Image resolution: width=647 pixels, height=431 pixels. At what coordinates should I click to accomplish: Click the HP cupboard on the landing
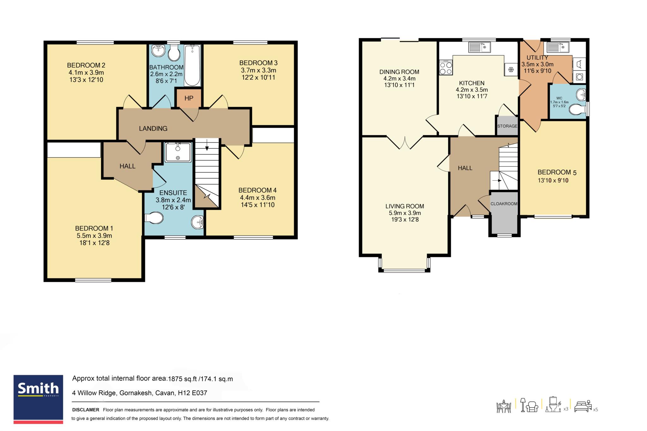pos(189,98)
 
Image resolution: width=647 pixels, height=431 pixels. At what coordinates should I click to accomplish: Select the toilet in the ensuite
pos(154,218)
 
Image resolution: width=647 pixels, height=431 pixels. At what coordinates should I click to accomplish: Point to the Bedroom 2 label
pos(86,65)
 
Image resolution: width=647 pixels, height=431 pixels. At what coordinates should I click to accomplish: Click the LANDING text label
pos(153,129)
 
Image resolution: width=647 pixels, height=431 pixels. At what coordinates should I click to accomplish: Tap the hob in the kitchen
pos(446,68)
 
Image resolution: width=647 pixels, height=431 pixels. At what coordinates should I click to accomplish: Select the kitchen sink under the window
pos(479,47)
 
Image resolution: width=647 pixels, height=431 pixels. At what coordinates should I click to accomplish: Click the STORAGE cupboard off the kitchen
pos(507,126)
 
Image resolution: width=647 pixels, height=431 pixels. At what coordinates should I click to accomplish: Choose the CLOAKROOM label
pos(504,204)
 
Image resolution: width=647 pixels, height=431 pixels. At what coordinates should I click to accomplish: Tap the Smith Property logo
pos(38,399)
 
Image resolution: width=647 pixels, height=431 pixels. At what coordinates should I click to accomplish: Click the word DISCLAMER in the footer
pos(86,410)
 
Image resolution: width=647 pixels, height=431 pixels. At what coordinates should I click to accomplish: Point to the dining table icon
pos(504,406)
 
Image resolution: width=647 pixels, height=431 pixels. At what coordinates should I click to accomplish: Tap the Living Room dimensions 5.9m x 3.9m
pos(405,213)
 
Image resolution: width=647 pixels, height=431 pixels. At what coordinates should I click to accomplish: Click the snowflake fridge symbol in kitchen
pos(511,69)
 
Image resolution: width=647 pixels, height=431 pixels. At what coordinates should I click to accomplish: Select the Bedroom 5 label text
pos(557,172)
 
